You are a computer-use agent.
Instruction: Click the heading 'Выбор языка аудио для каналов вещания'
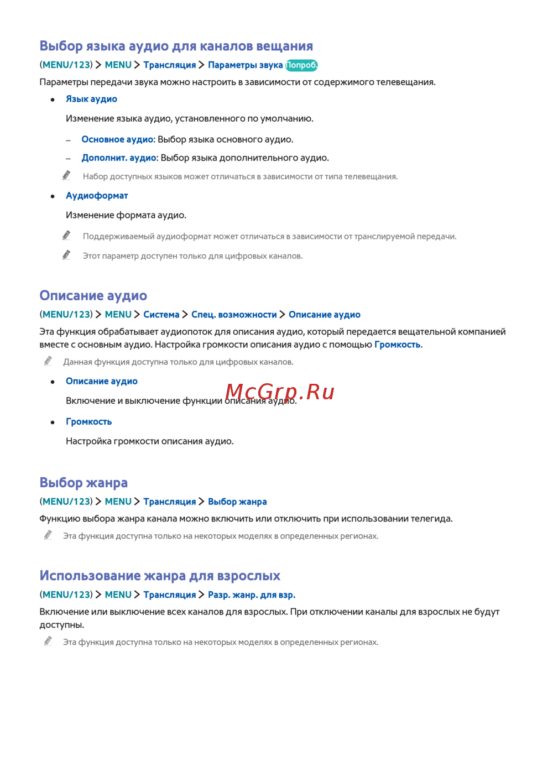[x=176, y=46]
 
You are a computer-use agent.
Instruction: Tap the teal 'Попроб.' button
[x=301, y=65]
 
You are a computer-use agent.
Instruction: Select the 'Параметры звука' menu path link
[x=245, y=65]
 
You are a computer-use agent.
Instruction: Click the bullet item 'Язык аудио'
[x=91, y=99]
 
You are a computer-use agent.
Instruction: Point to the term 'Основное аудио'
[x=117, y=139]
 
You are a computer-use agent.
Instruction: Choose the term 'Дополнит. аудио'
[x=119, y=158]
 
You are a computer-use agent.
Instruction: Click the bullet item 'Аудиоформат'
[x=97, y=196]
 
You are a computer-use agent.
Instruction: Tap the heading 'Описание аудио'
[x=93, y=296]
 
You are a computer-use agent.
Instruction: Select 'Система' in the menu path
[x=161, y=315]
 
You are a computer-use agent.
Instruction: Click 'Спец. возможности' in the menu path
[x=234, y=315]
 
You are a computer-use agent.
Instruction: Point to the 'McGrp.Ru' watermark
[x=280, y=392]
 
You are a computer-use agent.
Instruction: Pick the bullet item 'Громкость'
[x=88, y=421]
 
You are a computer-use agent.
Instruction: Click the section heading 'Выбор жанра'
[x=84, y=483]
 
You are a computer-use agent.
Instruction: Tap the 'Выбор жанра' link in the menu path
[x=237, y=502]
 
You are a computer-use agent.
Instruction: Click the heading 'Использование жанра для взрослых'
[x=160, y=576]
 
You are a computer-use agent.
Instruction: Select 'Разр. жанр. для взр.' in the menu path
[x=252, y=595]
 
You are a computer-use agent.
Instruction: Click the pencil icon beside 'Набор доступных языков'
[x=66, y=175]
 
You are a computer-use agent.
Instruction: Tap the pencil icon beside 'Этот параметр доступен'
[x=66, y=255]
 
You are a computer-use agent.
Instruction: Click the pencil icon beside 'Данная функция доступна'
[x=48, y=361]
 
